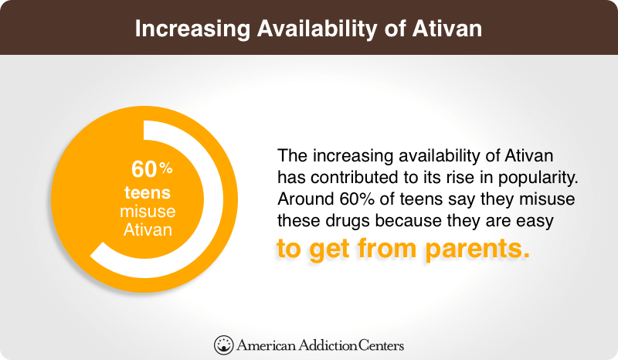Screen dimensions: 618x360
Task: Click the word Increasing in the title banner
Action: (x=192, y=29)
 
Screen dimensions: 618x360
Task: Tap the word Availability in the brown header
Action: (x=317, y=29)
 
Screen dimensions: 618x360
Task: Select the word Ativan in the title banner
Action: (x=447, y=29)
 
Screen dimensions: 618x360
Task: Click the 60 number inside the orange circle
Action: (x=144, y=169)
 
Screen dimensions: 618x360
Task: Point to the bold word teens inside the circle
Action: (x=148, y=193)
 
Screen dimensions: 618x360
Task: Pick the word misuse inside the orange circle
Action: (x=148, y=212)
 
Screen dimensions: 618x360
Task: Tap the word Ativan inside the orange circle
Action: (x=148, y=229)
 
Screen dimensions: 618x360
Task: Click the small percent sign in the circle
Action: (x=166, y=168)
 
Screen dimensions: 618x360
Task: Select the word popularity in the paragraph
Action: (x=538, y=178)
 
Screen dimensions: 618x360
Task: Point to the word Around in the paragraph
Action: (x=306, y=199)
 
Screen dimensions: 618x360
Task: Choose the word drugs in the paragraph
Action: (x=348, y=221)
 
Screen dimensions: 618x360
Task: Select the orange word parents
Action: (x=477, y=250)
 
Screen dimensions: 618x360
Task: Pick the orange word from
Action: (x=387, y=248)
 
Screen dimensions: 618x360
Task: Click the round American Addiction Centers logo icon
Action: (x=223, y=345)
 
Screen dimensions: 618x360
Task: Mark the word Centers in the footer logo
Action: (x=381, y=345)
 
